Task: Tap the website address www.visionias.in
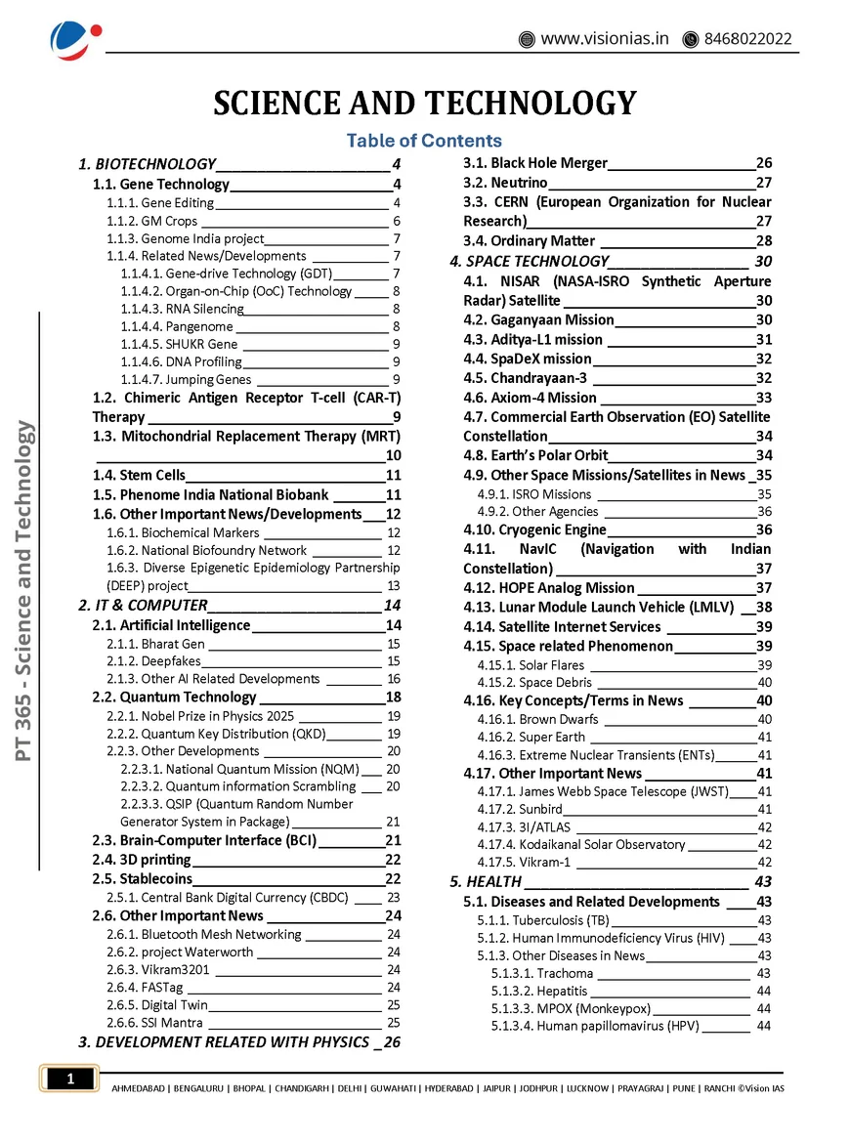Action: click(605, 39)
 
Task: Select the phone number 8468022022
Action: click(746, 39)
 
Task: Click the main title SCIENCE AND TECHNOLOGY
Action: click(425, 103)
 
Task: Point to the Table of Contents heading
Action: click(424, 141)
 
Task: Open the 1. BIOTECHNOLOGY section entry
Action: click(147, 164)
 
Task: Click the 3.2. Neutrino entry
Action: click(505, 183)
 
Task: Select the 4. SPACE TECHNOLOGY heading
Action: click(529, 262)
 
